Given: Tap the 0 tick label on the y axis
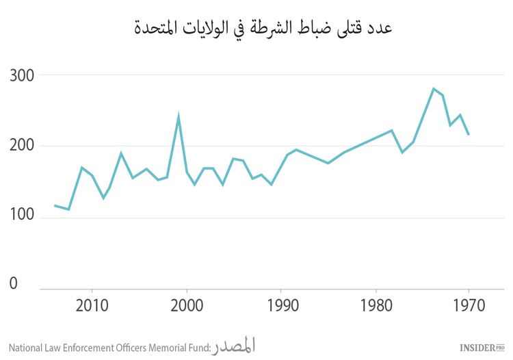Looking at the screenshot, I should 14,283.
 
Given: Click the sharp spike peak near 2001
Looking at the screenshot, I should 179,117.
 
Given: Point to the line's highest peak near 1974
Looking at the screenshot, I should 433,88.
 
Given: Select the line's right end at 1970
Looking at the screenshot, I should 469,134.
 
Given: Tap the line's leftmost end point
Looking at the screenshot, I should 55,205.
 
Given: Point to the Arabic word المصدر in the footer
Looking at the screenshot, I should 233,346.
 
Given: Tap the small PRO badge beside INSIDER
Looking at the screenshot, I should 499,346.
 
